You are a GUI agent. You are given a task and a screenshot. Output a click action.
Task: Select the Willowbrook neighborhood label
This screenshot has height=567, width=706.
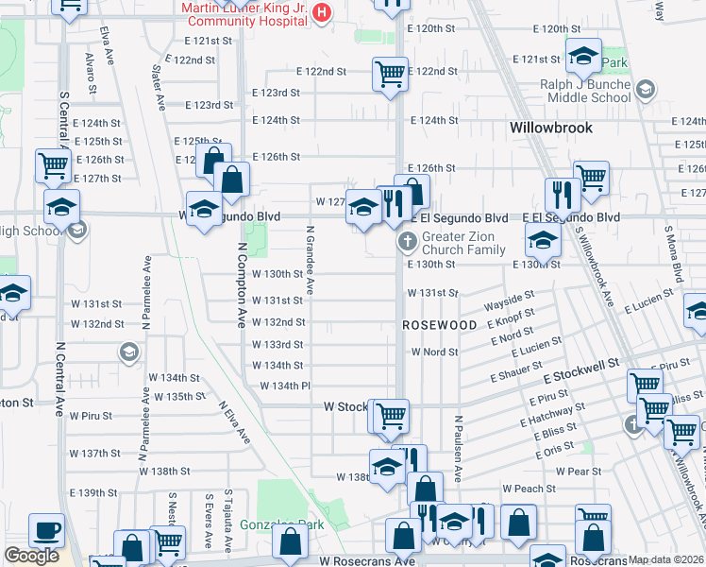[x=550, y=127]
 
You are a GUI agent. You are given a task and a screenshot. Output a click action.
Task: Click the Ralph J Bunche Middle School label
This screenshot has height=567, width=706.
[x=573, y=91]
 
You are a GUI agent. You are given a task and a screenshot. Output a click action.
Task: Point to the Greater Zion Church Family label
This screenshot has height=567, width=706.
[x=464, y=244]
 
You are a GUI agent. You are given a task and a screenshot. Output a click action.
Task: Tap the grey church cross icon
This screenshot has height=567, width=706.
[x=408, y=242]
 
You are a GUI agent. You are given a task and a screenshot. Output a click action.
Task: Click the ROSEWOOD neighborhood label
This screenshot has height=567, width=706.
[x=440, y=324]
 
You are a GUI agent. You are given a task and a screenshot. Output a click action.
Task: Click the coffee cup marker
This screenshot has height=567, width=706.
[x=46, y=531]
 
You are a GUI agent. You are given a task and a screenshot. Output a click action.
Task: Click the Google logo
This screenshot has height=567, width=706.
[x=31, y=556]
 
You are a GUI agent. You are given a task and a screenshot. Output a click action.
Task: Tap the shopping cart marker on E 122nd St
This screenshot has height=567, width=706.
[x=390, y=73]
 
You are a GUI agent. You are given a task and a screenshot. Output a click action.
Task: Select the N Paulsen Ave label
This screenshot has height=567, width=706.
[x=456, y=449]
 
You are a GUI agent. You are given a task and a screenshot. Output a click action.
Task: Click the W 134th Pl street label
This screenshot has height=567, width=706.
[x=285, y=386]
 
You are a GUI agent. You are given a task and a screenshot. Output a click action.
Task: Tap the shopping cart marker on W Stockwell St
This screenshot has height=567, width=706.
[x=390, y=415]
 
